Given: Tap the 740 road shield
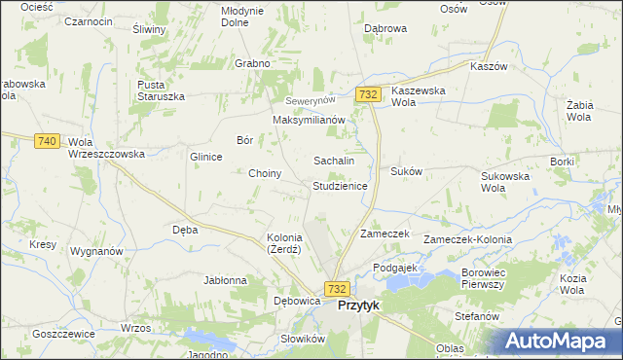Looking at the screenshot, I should click(x=46, y=141).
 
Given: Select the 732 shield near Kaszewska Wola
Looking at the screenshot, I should click(x=367, y=94).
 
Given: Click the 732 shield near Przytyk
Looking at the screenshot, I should click(x=337, y=289).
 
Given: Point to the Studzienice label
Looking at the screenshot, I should click(x=340, y=185).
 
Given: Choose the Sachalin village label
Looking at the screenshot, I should click(x=333, y=161).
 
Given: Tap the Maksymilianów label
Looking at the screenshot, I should click(x=310, y=120).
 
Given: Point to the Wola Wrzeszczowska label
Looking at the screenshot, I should click(x=106, y=148).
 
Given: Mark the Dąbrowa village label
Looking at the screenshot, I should click(x=385, y=29).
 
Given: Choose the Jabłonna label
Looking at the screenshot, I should click(x=225, y=280).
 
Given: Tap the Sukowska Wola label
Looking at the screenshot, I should click(x=505, y=182).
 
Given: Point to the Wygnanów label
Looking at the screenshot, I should click(x=96, y=251).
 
